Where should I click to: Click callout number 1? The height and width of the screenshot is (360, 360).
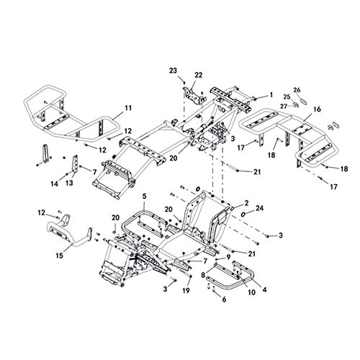(x=271, y=94)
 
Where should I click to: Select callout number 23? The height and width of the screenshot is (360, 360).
(x=173, y=70)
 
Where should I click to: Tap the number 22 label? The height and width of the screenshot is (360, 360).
(x=199, y=75)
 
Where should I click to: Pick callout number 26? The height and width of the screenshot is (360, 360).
(x=297, y=90)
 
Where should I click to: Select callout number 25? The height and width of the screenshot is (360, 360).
(x=287, y=96)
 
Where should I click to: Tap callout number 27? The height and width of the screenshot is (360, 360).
(x=284, y=107)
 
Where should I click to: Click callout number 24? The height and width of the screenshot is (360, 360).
(x=260, y=210)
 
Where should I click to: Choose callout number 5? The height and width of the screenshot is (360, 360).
(x=144, y=195)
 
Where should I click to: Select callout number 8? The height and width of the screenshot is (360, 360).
(x=204, y=274)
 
